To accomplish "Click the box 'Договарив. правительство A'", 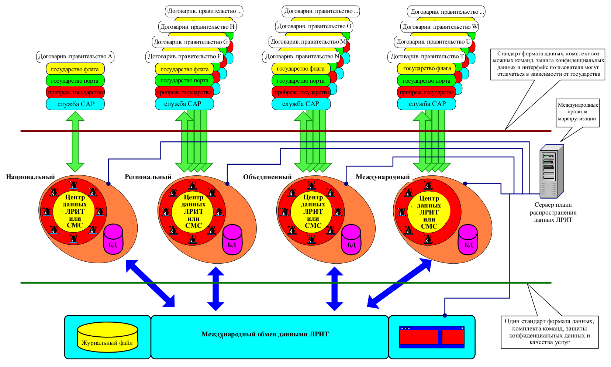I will [x=75, y=56].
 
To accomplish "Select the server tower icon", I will [x=552, y=172].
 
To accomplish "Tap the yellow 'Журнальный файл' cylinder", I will [x=107, y=337].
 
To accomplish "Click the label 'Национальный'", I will [x=30, y=177].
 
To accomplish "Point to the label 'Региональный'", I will [x=148, y=177].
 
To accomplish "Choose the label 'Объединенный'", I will [x=267, y=177].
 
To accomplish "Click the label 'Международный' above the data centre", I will [x=383, y=177].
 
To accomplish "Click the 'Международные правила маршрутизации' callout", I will [x=578, y=112].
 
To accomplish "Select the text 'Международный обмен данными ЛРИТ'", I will [x=265, y=334].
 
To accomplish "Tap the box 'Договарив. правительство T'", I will [x=427, y=56].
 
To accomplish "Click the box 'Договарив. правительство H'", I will [x=197, y=27].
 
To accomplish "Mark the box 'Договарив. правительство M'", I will [x=308, y=42].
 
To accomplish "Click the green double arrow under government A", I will [x=75, y=142].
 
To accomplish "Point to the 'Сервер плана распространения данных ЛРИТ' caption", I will [x=553, y=212].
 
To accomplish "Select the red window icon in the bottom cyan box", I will [x=432, y=337].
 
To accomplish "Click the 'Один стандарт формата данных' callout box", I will [x=549, y=332].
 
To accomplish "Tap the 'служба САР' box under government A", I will [x=75, y=104].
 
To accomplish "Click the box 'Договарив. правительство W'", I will [x=440, y=27].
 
